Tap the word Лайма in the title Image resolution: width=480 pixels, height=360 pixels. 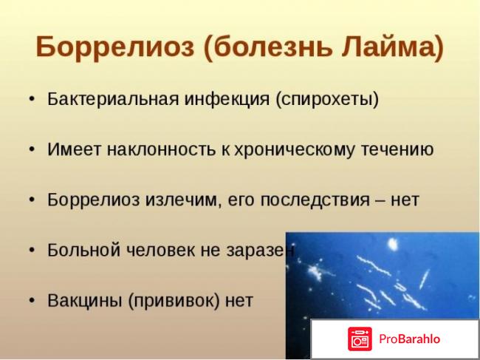(392, 47)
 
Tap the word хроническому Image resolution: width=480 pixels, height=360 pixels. (281, 149)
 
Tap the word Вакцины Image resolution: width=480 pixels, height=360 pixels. (80, 301)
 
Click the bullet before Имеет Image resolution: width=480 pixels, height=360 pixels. (31, 150)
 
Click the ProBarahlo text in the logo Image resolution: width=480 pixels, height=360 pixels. (410, 339)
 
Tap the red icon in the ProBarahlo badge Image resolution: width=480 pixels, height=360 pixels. (360, 339)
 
